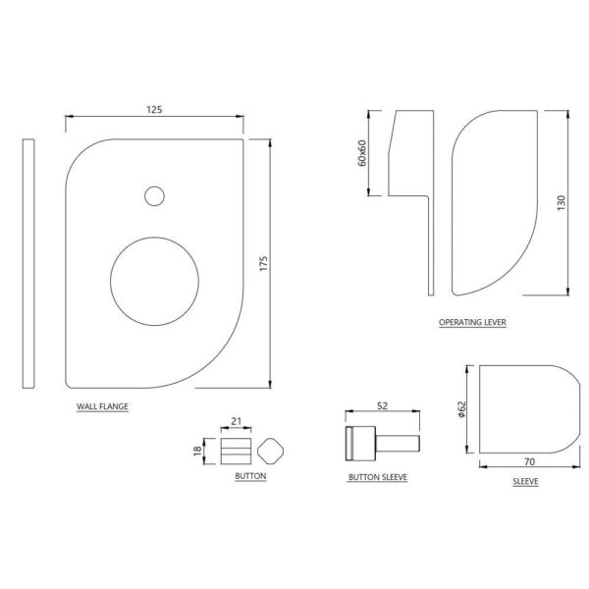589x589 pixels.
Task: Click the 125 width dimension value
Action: (x=154, y=109)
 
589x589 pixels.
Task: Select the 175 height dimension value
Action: (x=264, y=263)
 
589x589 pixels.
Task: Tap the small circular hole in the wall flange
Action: (x=154, y=196)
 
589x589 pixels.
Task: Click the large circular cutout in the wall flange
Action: (x=155, y=281)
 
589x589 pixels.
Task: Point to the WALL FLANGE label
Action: (x=102, y=406)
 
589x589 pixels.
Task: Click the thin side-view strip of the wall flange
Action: (x=28, y=263)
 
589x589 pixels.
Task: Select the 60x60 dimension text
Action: (x=362, y=153)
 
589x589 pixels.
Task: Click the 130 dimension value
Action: (x=562, y=203)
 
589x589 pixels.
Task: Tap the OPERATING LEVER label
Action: (x=472, y=322)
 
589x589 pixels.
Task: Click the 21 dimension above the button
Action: (x=236, y=421)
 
